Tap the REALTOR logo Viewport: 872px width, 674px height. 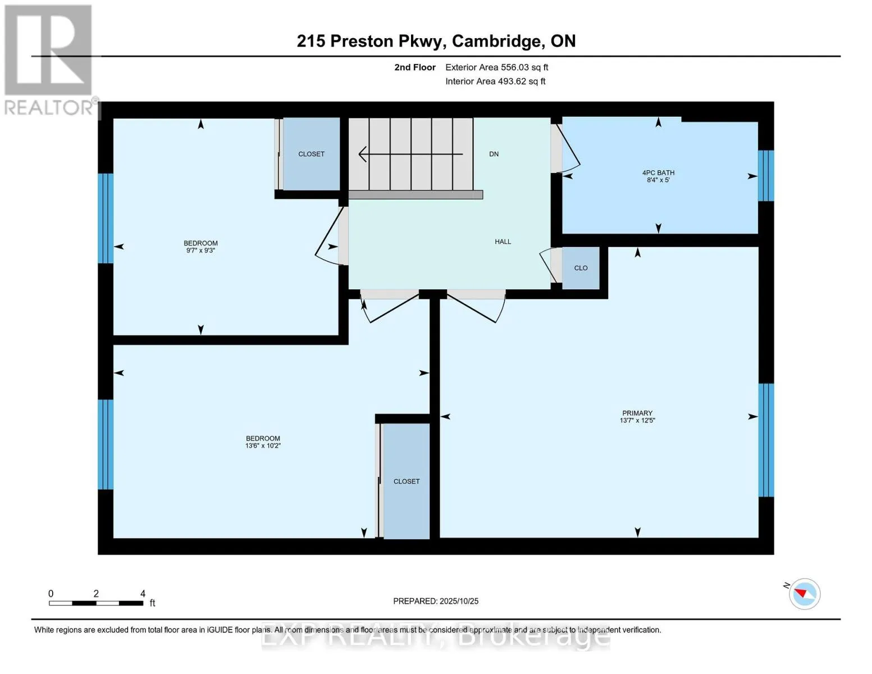[x=49, y=59]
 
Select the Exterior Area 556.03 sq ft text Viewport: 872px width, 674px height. [x=496, y=67]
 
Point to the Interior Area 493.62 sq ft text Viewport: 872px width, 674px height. [x=495, y=81]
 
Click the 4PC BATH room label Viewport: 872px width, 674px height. [x=658, y=173]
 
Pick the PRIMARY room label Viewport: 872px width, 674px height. [x=637, y=413]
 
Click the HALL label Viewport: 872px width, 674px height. [x=503, y=242]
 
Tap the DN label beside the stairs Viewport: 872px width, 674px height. [x=494, y=154]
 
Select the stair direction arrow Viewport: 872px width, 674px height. [x=410, y=154]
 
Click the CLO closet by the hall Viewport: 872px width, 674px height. [x=581, y=268]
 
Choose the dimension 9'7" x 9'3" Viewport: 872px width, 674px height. [x=200, y=251]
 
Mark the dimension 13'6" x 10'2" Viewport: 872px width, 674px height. [x=263, y=446]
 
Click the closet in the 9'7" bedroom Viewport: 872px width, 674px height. [x=311, y=154]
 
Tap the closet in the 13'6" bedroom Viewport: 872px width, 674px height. [x=406, y=481]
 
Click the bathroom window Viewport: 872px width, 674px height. [x=766, y=175]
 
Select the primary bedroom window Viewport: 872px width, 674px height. [x=766, y=440]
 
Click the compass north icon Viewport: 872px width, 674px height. [x=804, y=594]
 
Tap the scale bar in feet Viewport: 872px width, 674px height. [x=96, y=603]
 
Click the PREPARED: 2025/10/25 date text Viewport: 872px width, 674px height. [x=436, y=601]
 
